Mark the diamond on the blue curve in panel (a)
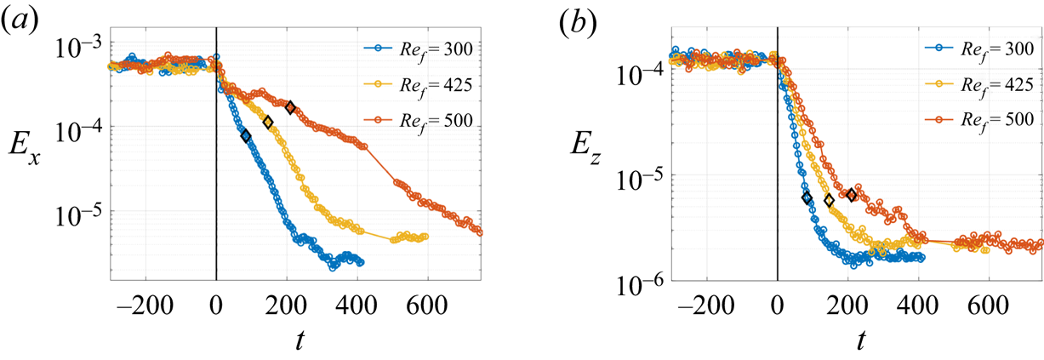(x=246, y=136)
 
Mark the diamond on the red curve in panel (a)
(x=290, y=107)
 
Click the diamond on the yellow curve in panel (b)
(x=830, y=201)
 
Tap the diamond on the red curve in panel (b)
(x=852, y=195)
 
